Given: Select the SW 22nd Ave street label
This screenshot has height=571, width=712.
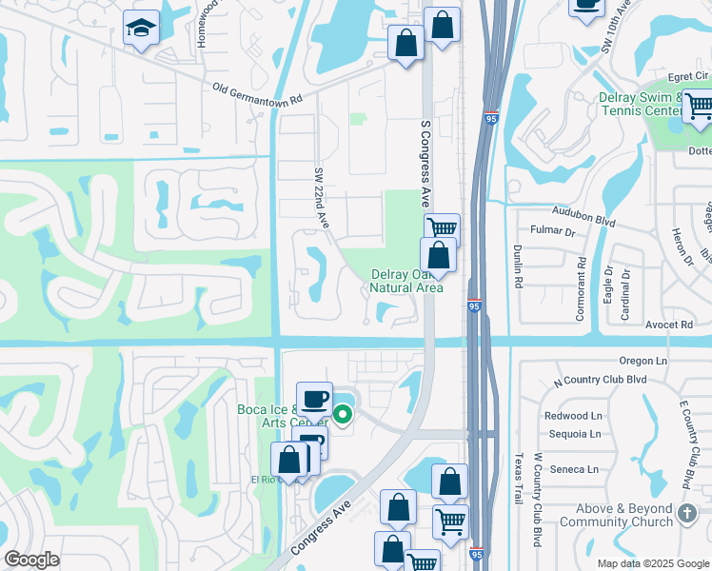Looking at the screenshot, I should coord(321,197).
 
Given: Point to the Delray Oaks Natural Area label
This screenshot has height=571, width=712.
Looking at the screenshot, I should coord(406,281).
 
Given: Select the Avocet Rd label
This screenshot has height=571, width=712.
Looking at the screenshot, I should coord(673,325).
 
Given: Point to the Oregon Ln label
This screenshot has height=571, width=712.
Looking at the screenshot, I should coord(643,361).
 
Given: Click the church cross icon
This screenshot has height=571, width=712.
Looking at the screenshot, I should coord(687,515).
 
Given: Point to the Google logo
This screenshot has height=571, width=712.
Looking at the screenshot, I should coord(31,560).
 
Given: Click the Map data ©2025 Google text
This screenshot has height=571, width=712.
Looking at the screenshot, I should coord(652,563).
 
